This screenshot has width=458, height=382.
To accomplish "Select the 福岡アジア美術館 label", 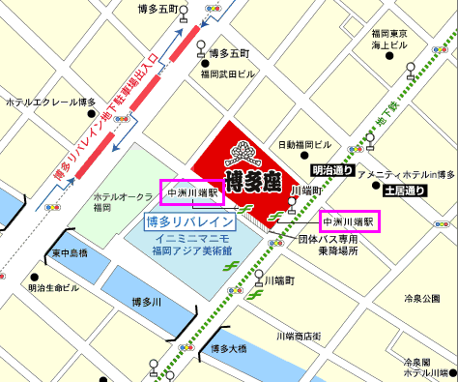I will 190,250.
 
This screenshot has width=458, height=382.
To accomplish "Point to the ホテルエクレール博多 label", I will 50,102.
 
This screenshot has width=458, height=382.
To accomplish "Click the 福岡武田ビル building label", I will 228,73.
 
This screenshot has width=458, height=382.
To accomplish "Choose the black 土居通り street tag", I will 404,191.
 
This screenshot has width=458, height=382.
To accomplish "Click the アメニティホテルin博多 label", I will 406,175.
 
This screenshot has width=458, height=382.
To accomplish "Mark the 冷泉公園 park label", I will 422,299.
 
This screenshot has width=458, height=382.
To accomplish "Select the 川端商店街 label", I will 299,336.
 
